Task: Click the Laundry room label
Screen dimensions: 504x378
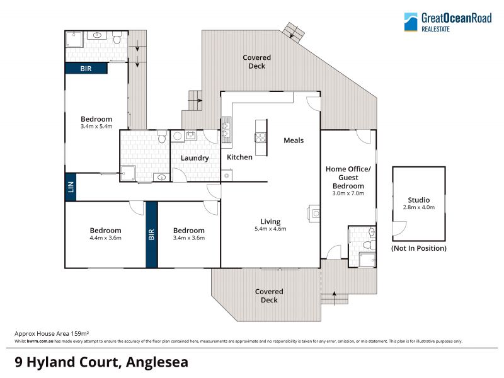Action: click(x=195, y=158)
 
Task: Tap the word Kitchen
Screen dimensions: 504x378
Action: click(x=239, y=157)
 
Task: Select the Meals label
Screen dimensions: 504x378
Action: click(x=294, y=140)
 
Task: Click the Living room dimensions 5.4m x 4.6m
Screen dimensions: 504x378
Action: click(x=270, y=229)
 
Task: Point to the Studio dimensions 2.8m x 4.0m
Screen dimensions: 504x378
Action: click(x=419, y=207)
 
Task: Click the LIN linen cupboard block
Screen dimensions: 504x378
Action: click(x=71, y=187)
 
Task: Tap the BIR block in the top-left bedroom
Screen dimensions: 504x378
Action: click(x=86, y=68)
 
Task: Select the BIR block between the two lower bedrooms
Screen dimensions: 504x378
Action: click(x=152, y=234)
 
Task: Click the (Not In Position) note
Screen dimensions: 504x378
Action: click(x=419, y=248)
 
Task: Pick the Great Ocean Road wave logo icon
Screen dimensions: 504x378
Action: click(x=411, y=22)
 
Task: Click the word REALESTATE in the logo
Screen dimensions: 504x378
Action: click(x=435, y=29)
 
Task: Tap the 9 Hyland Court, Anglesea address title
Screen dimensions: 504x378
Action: click(x=101, y=362)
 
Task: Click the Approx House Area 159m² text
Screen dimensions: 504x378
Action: click(x=52, y=334)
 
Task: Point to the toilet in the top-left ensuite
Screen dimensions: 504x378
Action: click(x=117, y=38)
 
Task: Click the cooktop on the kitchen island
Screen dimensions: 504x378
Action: click(x=261, y=137)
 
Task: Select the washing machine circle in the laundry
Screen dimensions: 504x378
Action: click(x=177, y=136)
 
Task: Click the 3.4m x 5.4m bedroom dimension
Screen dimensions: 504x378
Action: click(x=96, y=127)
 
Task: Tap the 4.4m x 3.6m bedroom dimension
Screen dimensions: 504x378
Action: click(x=105, y=238)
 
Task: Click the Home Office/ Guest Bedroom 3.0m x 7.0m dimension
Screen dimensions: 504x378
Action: click(x=348, y=193)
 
